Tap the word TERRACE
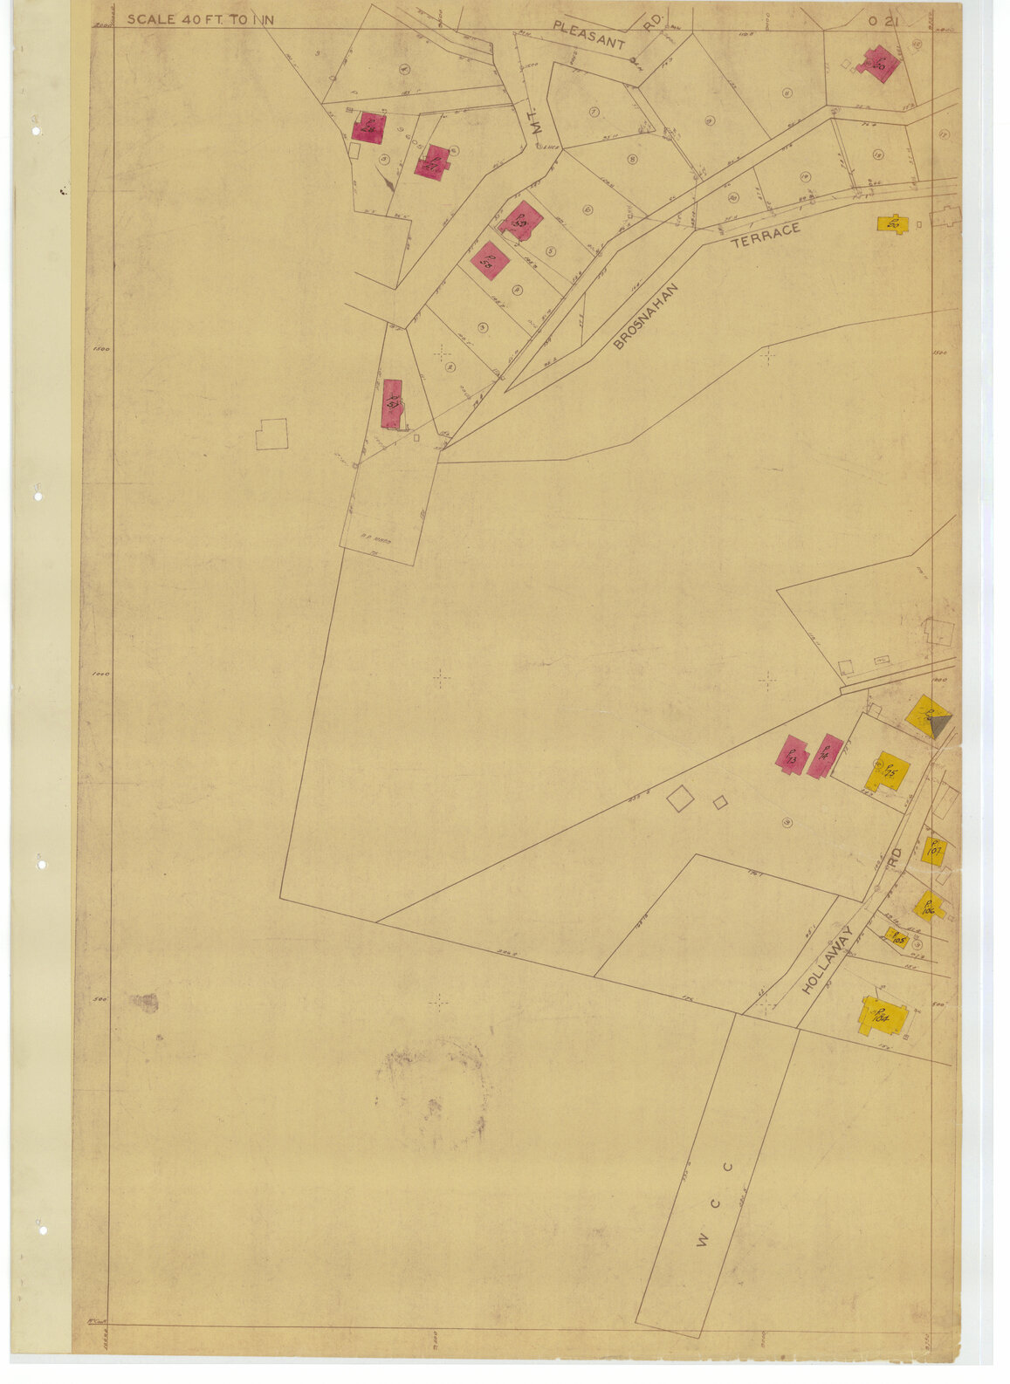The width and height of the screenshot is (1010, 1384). pos(765,235)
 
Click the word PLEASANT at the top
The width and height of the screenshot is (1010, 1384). pos(589,35)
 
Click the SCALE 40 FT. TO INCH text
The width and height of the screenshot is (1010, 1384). pos(200,19)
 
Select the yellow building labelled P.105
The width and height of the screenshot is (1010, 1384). pos(897,938)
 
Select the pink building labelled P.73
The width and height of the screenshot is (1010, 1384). pos(791,756)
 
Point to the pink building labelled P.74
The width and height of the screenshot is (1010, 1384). pos(824,756)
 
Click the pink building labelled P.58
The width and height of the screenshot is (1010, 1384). pos(489,260)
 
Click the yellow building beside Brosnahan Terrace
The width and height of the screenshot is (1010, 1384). pos(892,223)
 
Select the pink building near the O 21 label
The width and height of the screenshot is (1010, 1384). pos(878,65)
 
